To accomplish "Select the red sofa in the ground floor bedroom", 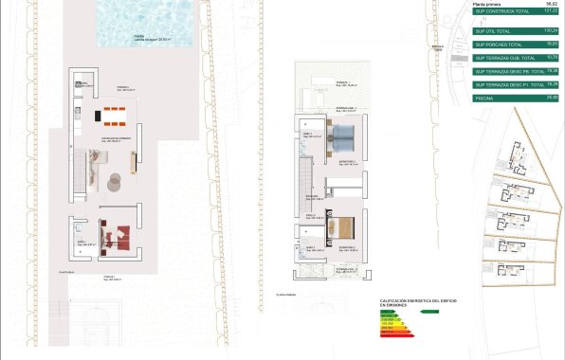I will click(117, 234).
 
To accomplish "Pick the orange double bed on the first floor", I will click(342, 228).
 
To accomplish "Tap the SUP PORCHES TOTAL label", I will click(497, 45).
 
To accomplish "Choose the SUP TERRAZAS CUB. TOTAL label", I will click(502, 58).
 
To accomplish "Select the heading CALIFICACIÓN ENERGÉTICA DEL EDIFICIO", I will click(417, 302).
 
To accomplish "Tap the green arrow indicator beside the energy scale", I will click(429, 310).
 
